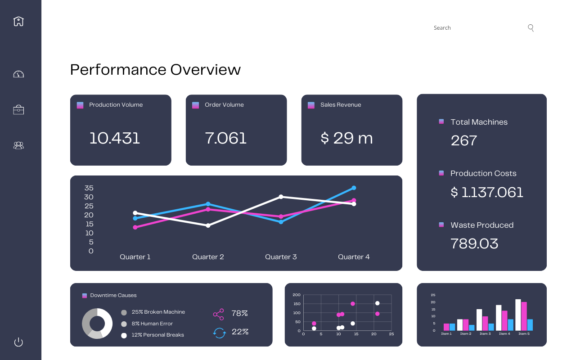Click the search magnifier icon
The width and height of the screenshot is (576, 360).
click(x=531, y=28)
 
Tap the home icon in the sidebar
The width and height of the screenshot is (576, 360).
click(x=18, y=21)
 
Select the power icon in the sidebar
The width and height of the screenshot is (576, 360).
click(x=18, y=342)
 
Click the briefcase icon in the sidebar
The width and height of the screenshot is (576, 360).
click(x=18, y=110)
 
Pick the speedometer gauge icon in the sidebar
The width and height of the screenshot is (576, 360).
click(x=18, y=74)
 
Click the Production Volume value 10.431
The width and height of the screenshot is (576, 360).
click(x=115, y=138)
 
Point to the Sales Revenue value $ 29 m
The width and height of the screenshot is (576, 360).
click(x=346, y=138)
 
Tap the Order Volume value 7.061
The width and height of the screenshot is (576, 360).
click(x=226, y=138)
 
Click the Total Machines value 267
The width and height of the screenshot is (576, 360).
click(x=463, y=140)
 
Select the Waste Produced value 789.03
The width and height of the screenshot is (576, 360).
click(x=474, y=243)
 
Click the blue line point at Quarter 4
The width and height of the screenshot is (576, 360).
click(x=354, y=188)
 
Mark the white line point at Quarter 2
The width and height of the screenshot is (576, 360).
click(x=208, y=225)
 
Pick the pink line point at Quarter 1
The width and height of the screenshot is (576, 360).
click(x=135, y=227)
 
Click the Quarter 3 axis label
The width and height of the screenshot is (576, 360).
click(x=281, y=257)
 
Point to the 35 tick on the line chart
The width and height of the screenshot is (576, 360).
click(x=89, y=188)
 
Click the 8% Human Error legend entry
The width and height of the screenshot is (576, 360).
click(x=152, y=324)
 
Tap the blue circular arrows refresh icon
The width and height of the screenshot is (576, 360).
click(x=219, y=333)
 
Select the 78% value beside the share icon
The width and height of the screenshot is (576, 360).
click(x=239, y=313)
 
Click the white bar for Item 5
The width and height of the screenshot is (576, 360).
click(x=518, y=315)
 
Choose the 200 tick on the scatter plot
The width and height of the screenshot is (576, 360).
click(x=297, y=295)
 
